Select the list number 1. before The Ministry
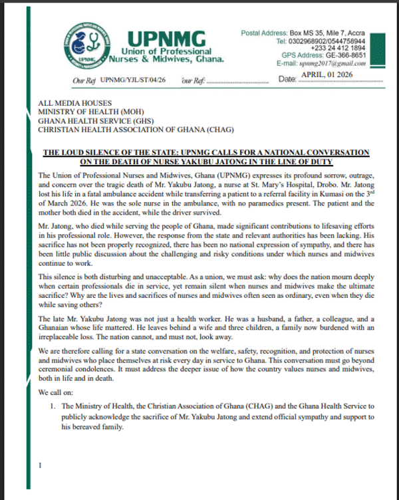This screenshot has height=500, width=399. click(x=52, y=407)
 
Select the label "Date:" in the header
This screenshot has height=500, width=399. click(x=287, y=80)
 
